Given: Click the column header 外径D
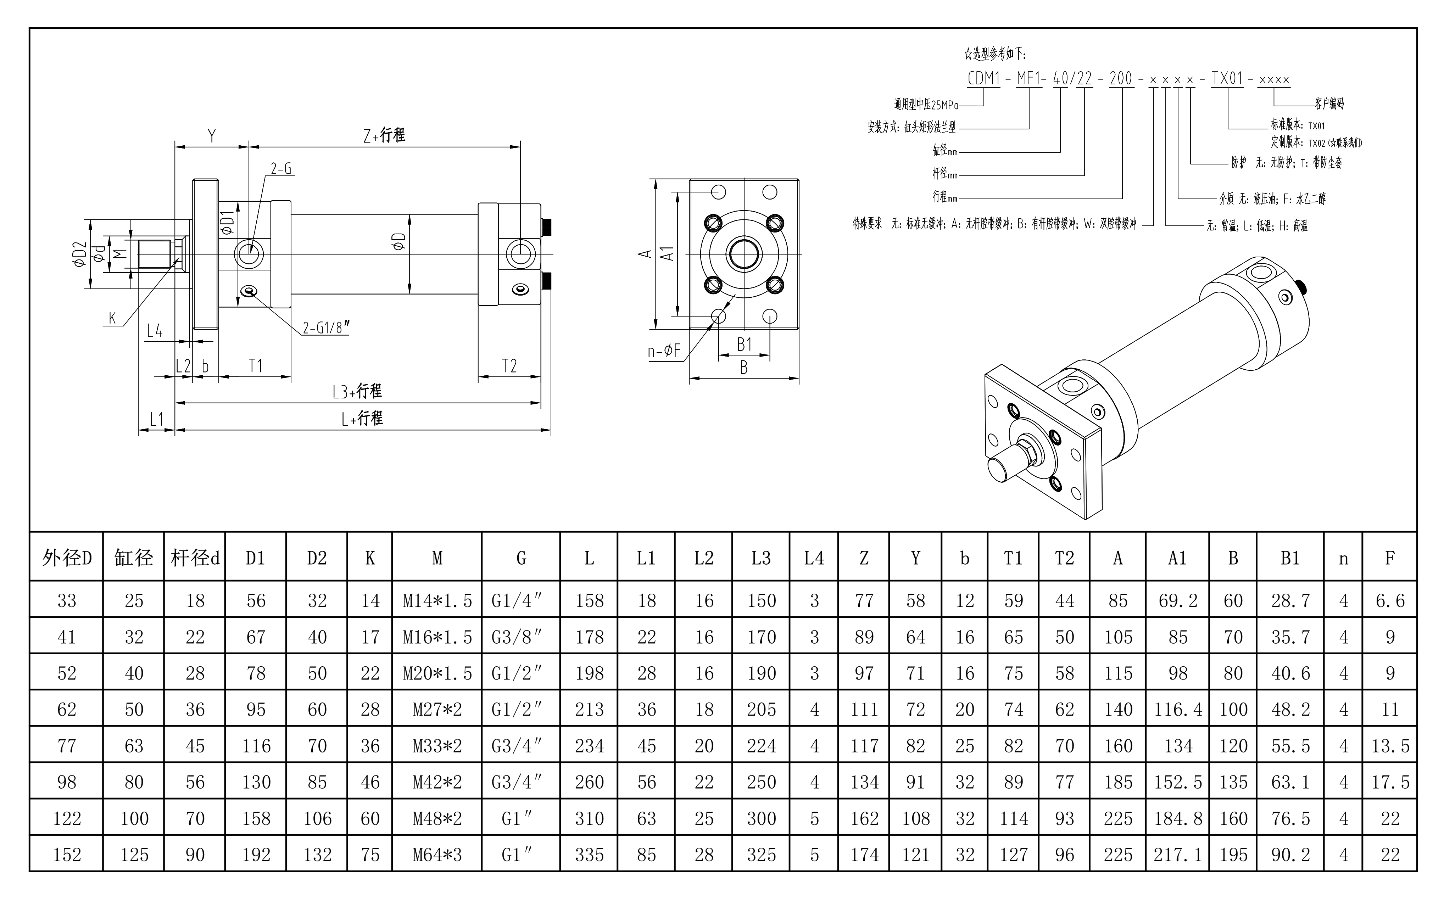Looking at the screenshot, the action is (67, 558).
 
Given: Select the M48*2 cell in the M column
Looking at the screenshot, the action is (437, 818).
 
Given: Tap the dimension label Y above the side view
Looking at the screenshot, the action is (212, 136).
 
